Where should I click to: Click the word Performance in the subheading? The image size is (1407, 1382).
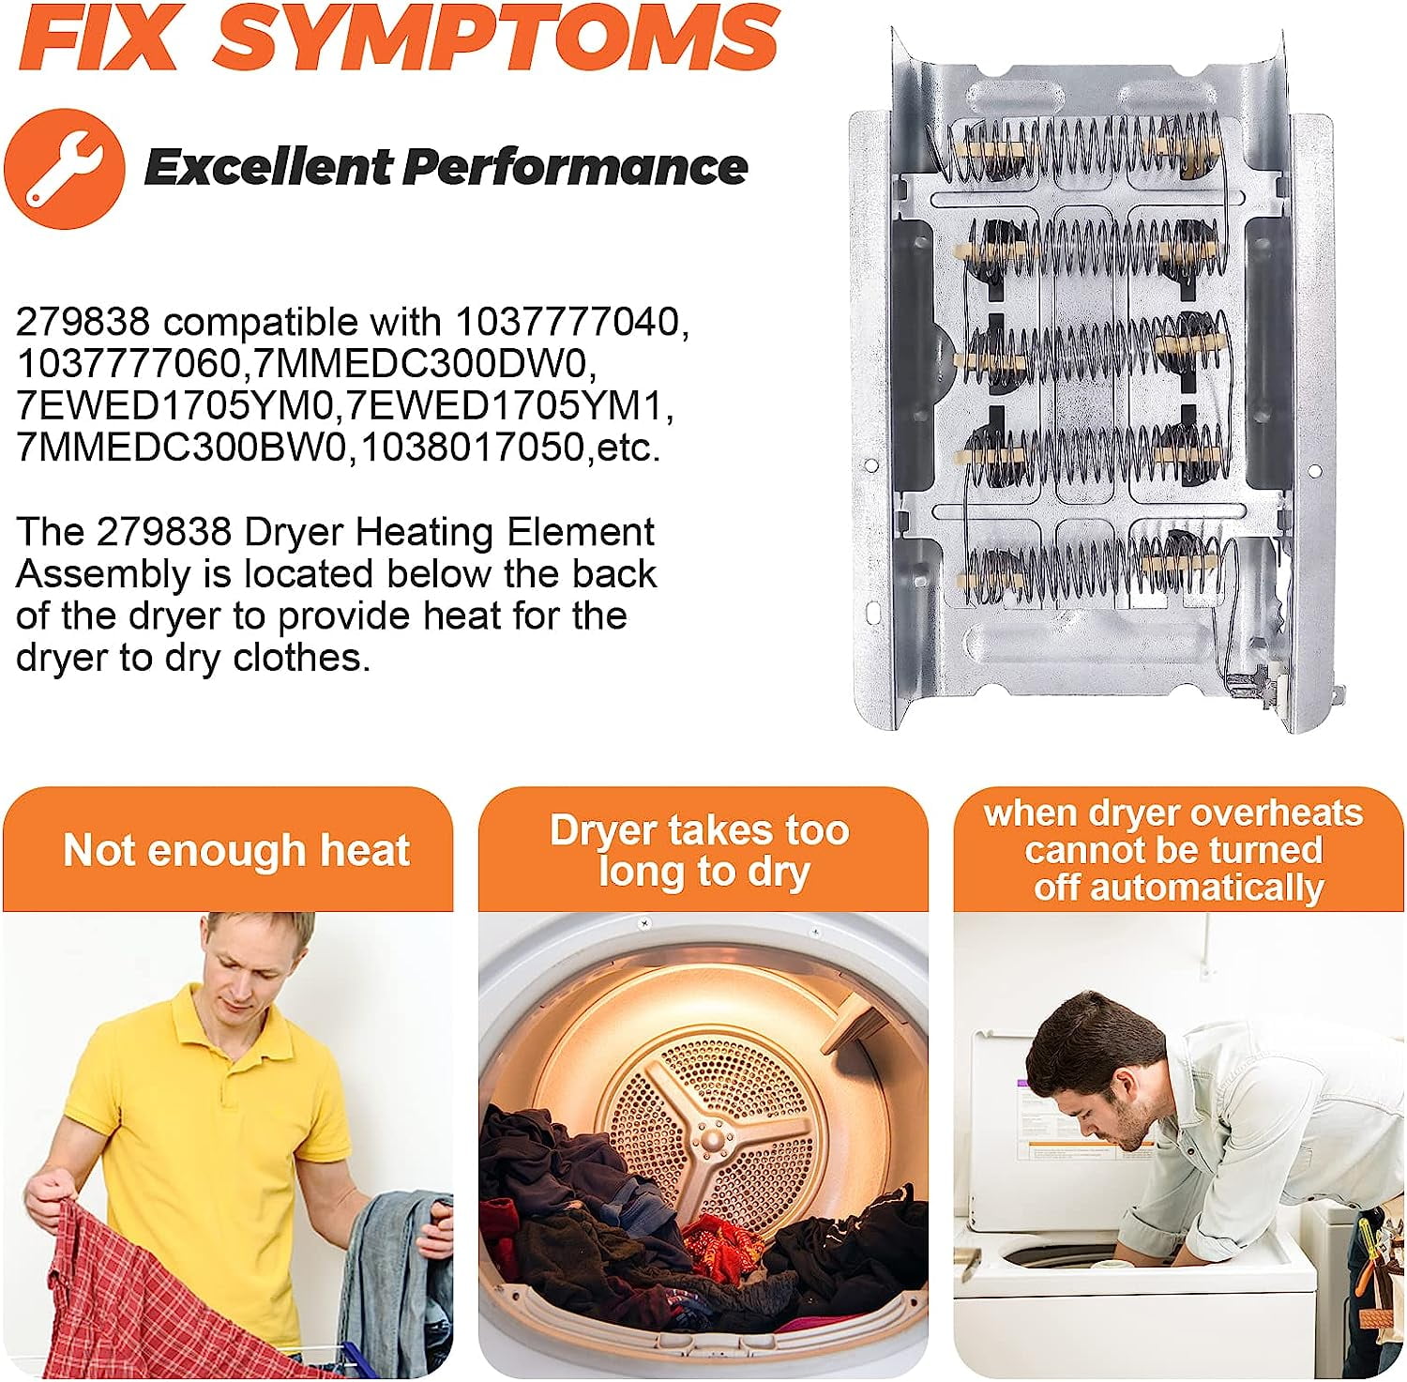pyautogui.click(x=575, y=167)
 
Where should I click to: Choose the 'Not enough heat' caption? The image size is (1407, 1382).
pyautogui.click(x=236, y=850)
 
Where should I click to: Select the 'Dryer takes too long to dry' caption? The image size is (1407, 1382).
pyautogui.click(x=702, y=851)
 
